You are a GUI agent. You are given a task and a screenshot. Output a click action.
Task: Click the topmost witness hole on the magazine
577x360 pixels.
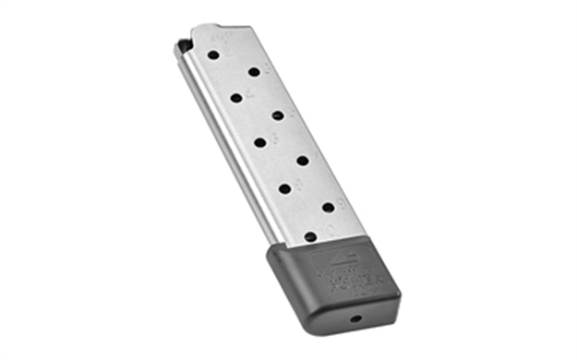213,55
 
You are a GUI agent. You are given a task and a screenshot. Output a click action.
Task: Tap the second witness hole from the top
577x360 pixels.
254,71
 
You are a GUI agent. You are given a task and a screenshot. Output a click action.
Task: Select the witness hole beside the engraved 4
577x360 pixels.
236,98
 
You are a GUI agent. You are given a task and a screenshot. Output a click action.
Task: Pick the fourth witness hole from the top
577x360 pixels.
278,115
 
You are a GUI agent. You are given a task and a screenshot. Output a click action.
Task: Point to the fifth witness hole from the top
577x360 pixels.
260,143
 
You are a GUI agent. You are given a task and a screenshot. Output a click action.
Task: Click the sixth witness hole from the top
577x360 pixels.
302,161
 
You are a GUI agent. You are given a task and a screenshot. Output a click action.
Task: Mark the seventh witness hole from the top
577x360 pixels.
284,188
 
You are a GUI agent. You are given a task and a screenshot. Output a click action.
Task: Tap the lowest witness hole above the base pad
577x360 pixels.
310,236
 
